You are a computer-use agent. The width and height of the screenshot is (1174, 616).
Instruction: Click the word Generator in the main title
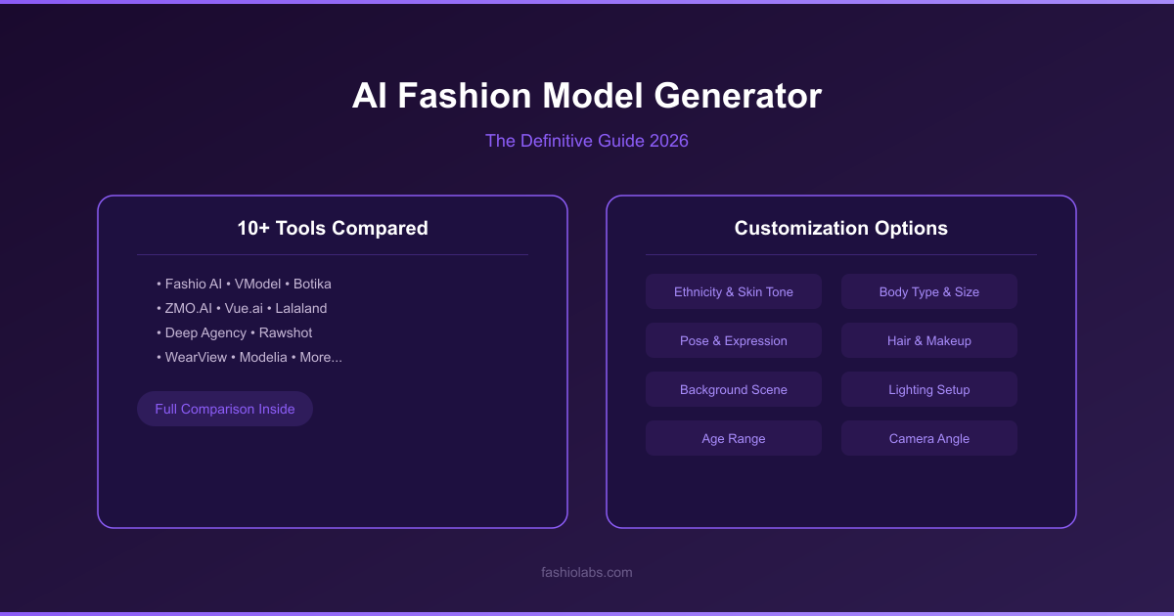[738, 96]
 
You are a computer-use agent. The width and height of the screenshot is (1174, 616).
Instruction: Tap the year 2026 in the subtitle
[669, 141]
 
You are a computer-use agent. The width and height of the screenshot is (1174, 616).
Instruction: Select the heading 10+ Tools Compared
[333, 229]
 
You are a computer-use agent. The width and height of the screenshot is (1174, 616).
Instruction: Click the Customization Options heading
[840, 229]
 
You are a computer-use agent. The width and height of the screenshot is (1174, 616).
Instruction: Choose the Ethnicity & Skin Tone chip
[733, 291]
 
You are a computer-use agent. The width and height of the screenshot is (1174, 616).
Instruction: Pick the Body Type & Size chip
[929, 291]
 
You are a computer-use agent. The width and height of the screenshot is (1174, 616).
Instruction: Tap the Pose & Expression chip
[733, 340]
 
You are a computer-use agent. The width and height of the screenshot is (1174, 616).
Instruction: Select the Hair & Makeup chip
[929, 340]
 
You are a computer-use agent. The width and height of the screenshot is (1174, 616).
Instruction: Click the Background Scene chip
[733, 389]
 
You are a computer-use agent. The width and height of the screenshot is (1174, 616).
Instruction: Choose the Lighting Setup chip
[929, 389]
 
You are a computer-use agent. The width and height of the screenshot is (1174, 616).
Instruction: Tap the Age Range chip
[733, 438]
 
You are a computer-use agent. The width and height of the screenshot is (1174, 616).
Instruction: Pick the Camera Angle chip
[929, 438]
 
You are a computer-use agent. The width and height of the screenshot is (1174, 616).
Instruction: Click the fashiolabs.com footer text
[586, 573]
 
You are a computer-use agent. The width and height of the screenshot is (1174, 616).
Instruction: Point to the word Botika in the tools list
[312, 284]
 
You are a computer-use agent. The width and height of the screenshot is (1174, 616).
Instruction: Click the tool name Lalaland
[301, 309]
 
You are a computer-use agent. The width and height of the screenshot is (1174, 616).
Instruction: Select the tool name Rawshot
[286, 333]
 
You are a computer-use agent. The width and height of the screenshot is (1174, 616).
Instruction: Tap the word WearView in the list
[196, 357]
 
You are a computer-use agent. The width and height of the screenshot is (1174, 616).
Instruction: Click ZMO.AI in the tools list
[189, 309]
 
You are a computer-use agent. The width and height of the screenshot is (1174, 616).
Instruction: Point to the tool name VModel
[258, 284]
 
